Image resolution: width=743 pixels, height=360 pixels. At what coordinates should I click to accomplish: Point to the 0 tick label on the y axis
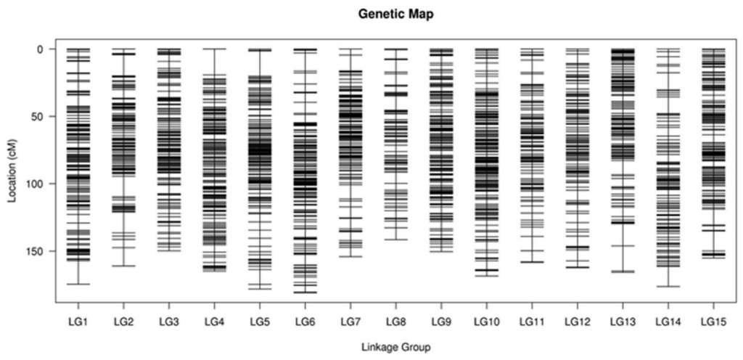tap(41, 49)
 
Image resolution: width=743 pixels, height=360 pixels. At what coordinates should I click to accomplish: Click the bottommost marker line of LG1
tap(78, 284)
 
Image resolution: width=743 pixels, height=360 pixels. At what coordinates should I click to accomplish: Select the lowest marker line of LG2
tap(123, 266)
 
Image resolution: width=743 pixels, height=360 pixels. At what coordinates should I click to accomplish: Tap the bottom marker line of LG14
tap(668, 287)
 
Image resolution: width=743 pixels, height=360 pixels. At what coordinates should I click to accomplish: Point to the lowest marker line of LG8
tap(395, 240)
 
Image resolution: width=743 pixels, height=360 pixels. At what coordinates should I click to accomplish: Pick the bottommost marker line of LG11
tap(532, 261)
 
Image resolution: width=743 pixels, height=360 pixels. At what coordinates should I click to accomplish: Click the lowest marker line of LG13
tap(622, 271)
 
